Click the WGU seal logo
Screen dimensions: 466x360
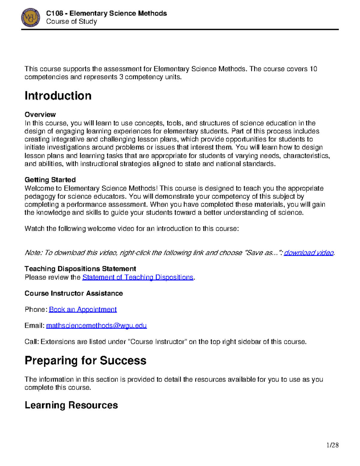pos(31,17)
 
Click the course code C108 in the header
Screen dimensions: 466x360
pos(55,14)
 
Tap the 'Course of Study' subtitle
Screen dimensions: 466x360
pos(71,22)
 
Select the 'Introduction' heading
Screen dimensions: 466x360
pos(58,96)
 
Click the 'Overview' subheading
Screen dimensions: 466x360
pos(40,115)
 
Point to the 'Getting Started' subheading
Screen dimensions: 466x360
pos(50,180)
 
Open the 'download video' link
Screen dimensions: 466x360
pos(309,253)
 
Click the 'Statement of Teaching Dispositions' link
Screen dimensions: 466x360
pos(138,277)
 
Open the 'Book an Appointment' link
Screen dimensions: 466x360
pos(83,309)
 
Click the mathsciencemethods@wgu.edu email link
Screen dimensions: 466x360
pos(96,326)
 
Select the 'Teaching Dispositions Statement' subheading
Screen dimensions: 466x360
pos(80,269)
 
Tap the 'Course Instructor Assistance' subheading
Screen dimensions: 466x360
pos(73,293)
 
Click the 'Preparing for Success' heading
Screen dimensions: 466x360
pos(85,360)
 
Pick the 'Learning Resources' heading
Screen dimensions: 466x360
pos(71,405)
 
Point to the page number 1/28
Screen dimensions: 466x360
pos(332,445)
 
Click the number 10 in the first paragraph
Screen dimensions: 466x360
pos(313,69)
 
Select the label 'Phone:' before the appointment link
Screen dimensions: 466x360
pos(36,309)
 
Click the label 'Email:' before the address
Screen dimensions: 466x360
pos(34,326)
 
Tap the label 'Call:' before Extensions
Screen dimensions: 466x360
pos(32,342)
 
